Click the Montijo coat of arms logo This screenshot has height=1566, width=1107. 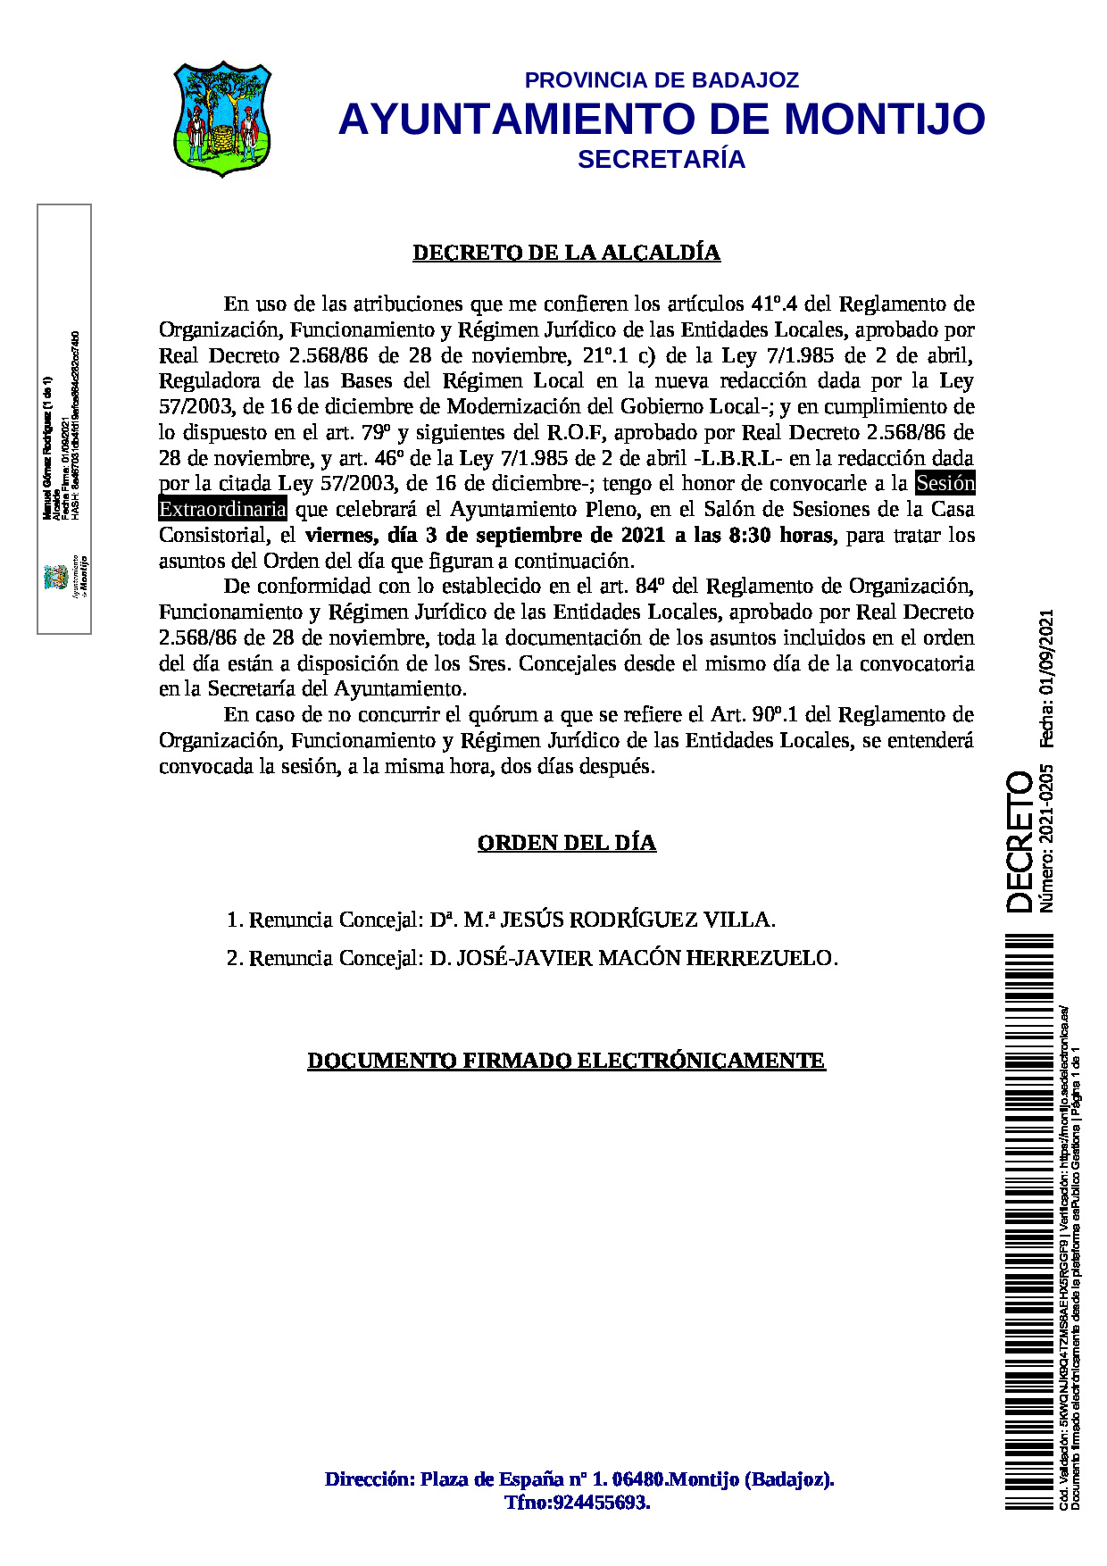pyautogui.click(x=221, y=119)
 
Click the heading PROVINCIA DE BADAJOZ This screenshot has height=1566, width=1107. pyautogui.click(x=662, y=80)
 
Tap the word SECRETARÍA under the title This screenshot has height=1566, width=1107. pyautogui.click(x=662, y=159)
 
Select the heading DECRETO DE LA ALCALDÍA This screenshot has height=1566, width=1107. pyautogui.click(x=566, y=253)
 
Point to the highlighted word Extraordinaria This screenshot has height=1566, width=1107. pyautogui.click(x=222, y=510)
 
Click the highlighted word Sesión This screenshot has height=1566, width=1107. pyautogui.click(x=945, y=484)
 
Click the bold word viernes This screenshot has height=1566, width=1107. pyautogui.click(x=340, y=536)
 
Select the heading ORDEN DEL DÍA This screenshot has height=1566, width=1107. pyautogui.click(x=567, y=843)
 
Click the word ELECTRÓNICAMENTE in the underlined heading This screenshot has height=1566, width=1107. pyautogui.click(x=701, y=1061)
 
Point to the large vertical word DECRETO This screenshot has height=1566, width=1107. pyautogui.click(x=1020, y=842)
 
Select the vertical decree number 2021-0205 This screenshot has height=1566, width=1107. pyautogui.click(x=1046, y=801)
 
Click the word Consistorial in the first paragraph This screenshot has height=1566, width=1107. pyautogui.click(x=214, y=536)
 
